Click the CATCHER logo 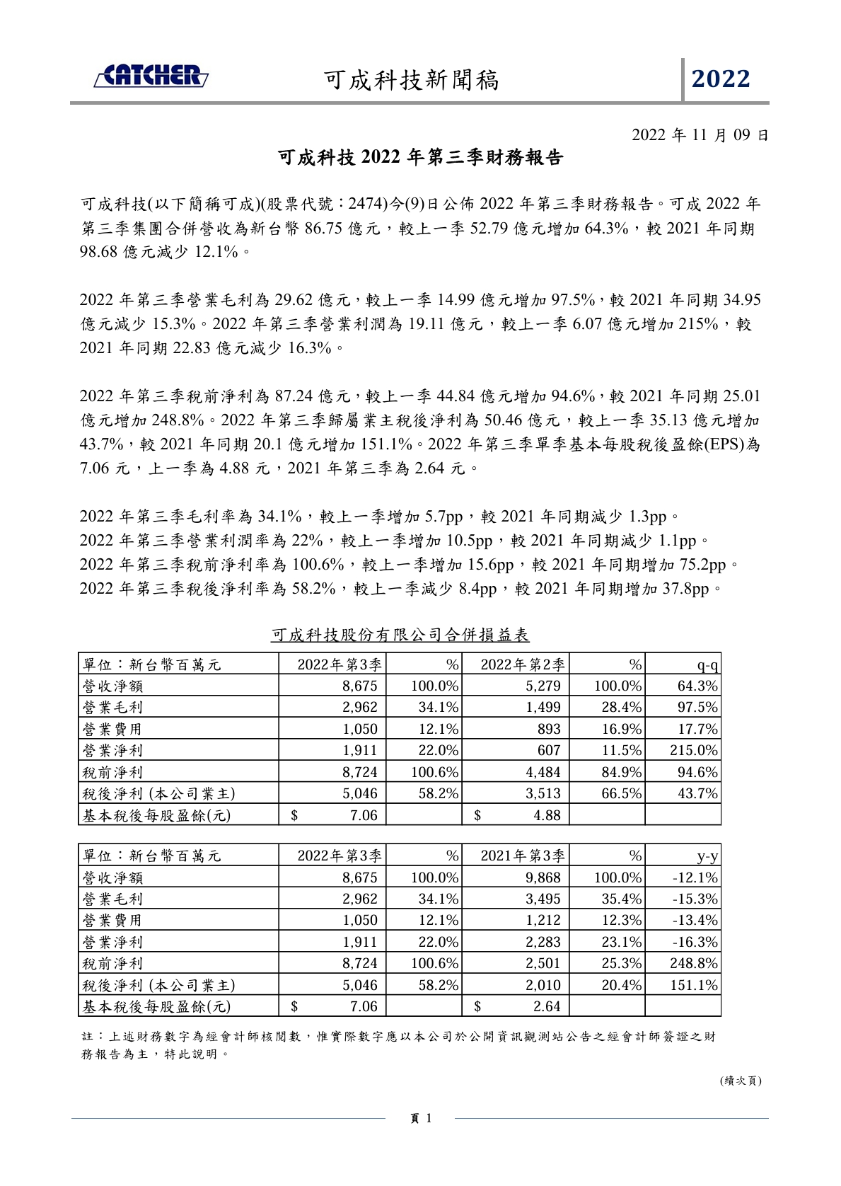pyautogui.click(x=151, y=75)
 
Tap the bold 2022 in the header pyautogui.click(x=720, y=79)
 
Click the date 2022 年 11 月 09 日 pyautogui.click(x=700, y=134)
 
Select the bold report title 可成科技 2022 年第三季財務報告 pyautogui.click(x=420, y=158)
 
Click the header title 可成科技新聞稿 pyautogui.click(x=412, y=80)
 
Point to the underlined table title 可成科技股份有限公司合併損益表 pyautogui.click(x=400, y=635)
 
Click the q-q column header pyautogui.click(x=707, y=665)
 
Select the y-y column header pyautogui.click(x=707, y=857)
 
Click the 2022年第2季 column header pyautogui.click(x=523, y=664)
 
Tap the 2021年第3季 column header pyautogui.click(x=523, y=856)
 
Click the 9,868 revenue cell pyautogui.click(x=543, y=877)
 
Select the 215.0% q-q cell pyautogui.click(x=693, y=750)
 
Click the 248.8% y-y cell pyautogui.click(x=693, y=963)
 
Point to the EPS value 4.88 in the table pyautogui.click(x=546, y=815)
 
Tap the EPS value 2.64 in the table pyautogui.click(x=546, y=1006)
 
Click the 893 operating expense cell pyautogui.click(x=548, y=729)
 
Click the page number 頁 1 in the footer pyautogui.click(x=420, y=1119)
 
